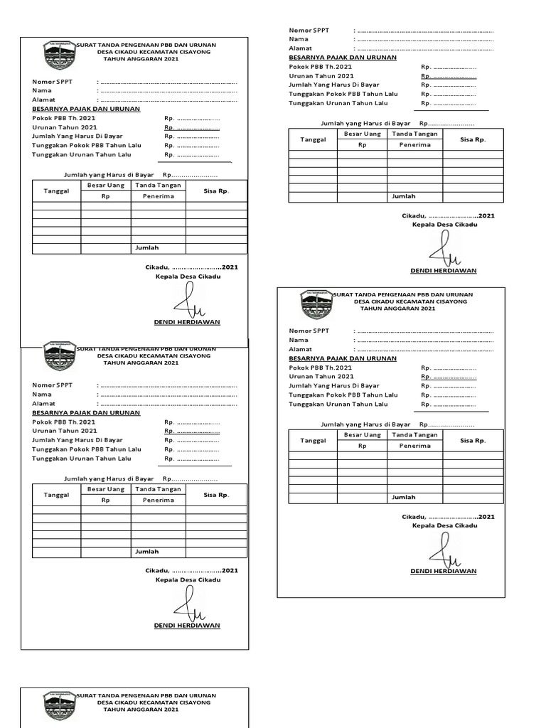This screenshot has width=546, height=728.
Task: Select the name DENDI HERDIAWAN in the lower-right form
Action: click(x=444, y=571)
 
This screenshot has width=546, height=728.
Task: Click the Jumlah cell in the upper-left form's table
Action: click(x=147, y=247)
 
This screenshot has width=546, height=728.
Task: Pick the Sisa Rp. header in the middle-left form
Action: click(x=216, y=495)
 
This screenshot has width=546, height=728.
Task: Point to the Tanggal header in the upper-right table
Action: click(x=313, y=139)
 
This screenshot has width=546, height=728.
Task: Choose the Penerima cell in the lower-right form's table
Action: click(x=414, y=446)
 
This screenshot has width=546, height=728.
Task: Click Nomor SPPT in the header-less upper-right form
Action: click(x=309, y=30)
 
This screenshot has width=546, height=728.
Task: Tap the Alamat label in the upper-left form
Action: click(x=43, y=100)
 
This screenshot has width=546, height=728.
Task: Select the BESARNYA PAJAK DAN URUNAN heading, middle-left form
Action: click(x=86, y=412)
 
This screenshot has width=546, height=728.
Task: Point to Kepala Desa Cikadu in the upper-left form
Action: click(x=188, y=276)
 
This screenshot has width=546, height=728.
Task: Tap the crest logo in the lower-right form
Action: click(x=316, y=304)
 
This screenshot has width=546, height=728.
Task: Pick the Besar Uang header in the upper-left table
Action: click(x=105, y=186)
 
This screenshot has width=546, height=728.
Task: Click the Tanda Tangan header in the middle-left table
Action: click(x=158, y=489)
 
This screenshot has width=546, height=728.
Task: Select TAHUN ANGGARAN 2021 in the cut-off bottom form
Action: click(x=141, y=709)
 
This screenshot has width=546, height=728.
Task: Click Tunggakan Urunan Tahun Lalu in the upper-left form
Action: click(x=87, y=154)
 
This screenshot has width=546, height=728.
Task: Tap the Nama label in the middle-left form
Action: click(x=42, y=394)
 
